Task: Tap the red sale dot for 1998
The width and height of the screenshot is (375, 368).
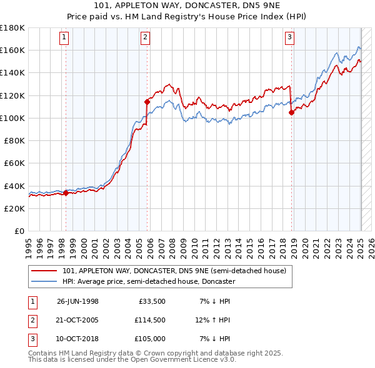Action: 66,193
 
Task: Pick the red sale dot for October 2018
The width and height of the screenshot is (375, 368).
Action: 291,113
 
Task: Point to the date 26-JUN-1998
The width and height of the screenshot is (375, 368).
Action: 77,301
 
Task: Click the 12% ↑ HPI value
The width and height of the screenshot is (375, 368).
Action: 212,320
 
